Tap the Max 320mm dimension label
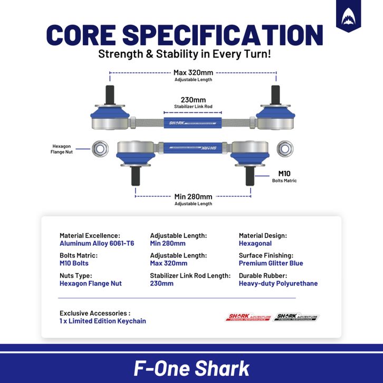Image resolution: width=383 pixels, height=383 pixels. tap(193, 72)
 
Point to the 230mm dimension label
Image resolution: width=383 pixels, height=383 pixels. tap(193, 99)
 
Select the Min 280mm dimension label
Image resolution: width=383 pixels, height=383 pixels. tap(193, 196)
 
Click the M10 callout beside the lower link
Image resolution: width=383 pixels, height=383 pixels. tap(284, 174)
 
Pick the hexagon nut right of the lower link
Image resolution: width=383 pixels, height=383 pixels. tap(285, 149)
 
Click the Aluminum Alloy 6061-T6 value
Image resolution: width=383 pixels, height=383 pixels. tap(97, 243)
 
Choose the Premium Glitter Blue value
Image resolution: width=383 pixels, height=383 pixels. tap(271, 263)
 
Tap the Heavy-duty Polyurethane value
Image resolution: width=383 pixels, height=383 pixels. tap(278, 283)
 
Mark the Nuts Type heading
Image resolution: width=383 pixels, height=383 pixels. tap(75, 275)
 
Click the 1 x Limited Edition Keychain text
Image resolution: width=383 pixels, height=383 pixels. tap(102, 321)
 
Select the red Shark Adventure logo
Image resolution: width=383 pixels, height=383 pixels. tap(248, 317)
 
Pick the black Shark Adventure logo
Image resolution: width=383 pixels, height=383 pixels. tap(297, 317)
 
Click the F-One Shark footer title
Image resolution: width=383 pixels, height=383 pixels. tap(191, 368)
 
